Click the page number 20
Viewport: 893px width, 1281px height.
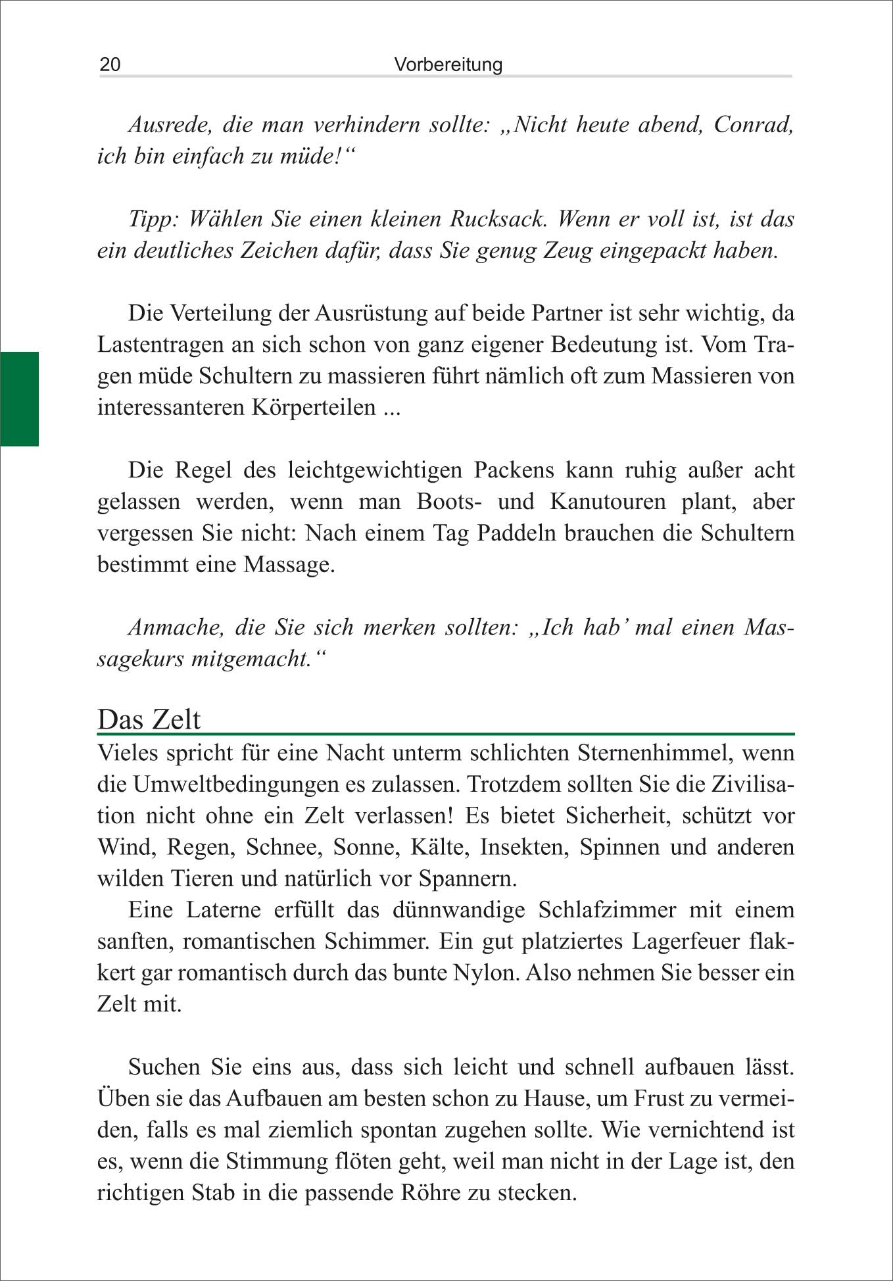[x=110, y=64]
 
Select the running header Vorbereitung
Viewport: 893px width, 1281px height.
[x=448, y=64]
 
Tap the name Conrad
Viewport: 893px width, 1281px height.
[x=752, y=124]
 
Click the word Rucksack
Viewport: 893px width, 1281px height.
[x=498, y=219]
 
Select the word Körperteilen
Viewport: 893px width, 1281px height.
[x=314, y=407]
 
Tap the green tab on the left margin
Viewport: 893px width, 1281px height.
[x=19, y=399]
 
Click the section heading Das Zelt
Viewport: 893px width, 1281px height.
[x=149, y=719]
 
